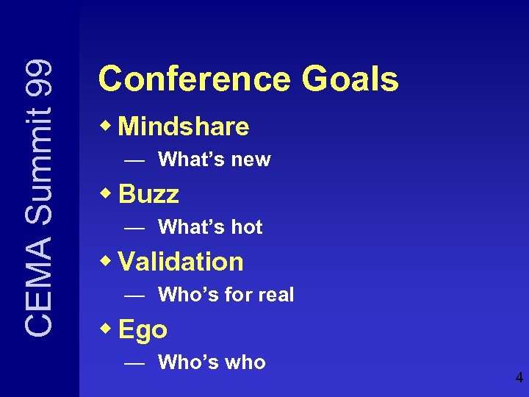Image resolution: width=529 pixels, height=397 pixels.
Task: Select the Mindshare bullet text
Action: point(184,126)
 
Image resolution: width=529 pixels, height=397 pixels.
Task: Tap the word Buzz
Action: point(148,194)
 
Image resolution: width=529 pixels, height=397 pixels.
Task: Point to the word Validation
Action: point(181,262)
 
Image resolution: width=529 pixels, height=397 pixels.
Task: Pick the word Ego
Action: point(143,330)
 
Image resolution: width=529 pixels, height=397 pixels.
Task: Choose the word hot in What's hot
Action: point(247,227)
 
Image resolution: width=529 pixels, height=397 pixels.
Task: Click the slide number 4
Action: point(519,379)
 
